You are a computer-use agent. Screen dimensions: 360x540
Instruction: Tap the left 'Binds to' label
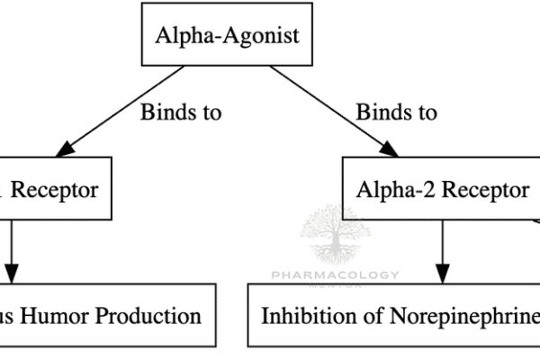tap(180, 113)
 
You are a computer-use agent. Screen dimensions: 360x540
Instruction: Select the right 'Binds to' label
tap(397, 113)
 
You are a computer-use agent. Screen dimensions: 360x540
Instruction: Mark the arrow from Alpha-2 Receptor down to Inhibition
tap(443, 252)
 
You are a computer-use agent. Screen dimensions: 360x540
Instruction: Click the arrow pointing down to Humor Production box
tap(12, 252)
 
